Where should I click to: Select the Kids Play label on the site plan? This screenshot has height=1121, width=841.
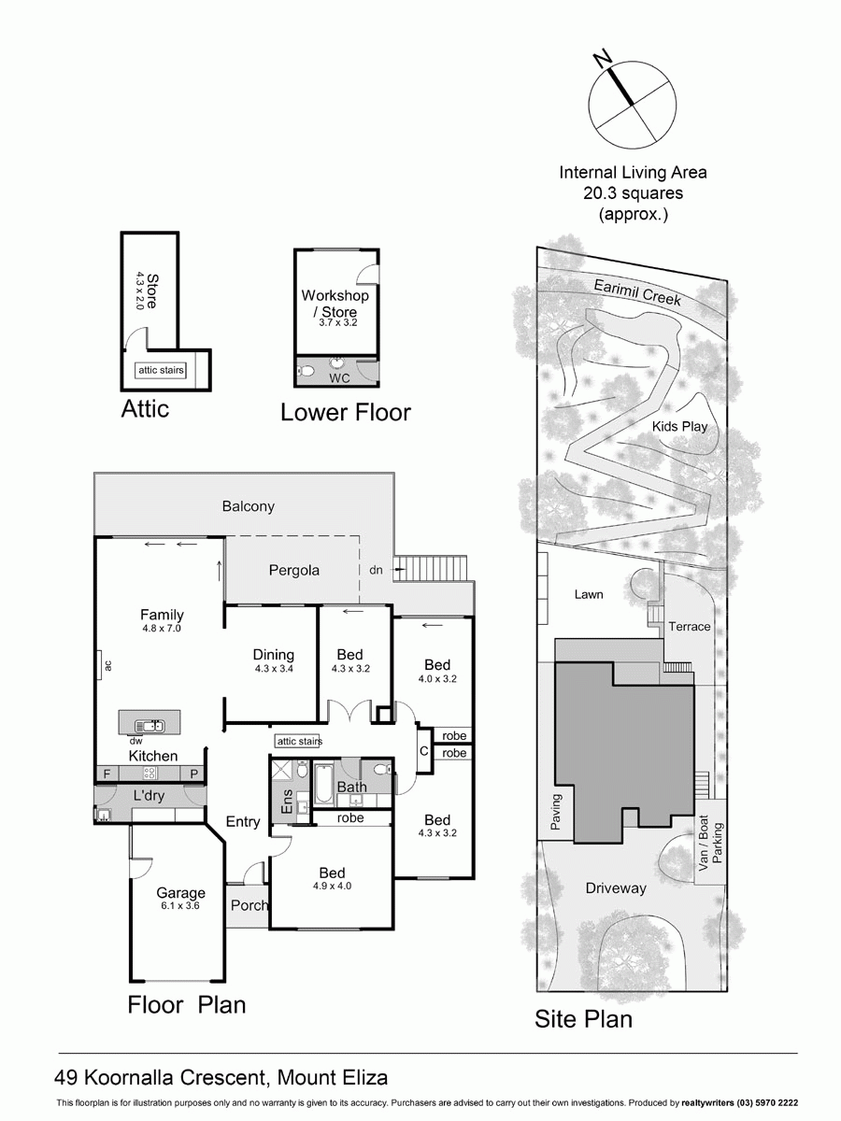pyautogui.click(x=679, y=427)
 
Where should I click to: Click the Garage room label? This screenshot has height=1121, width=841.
pyautogui.click(x=180, y=893)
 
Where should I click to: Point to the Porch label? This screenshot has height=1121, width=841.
pyautogui.click(x=249, y=905)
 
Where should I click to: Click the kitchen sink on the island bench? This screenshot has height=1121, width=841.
pyautogui.click(x=150, y=725)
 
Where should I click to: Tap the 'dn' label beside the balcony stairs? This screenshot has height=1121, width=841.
pyautogui.click(x=376, y=569)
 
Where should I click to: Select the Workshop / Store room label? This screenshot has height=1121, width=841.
pyautogui.click(x=335, y=303)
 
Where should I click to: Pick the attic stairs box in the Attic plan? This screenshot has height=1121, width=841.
pyautogui.click(x=161, y=371)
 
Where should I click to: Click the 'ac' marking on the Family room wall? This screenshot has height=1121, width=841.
pyautogui.click(x=108, y=665)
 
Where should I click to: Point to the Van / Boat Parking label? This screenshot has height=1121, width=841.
pyautogui.click(x=711, y=839)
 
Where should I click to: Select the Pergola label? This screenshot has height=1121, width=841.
pyautogui.click(x=294, y=570)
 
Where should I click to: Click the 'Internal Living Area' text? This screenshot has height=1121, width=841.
pyautogui.click(x=633, y=172)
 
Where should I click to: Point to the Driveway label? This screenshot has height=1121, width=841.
pyautogui.click(x=616, y=888)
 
